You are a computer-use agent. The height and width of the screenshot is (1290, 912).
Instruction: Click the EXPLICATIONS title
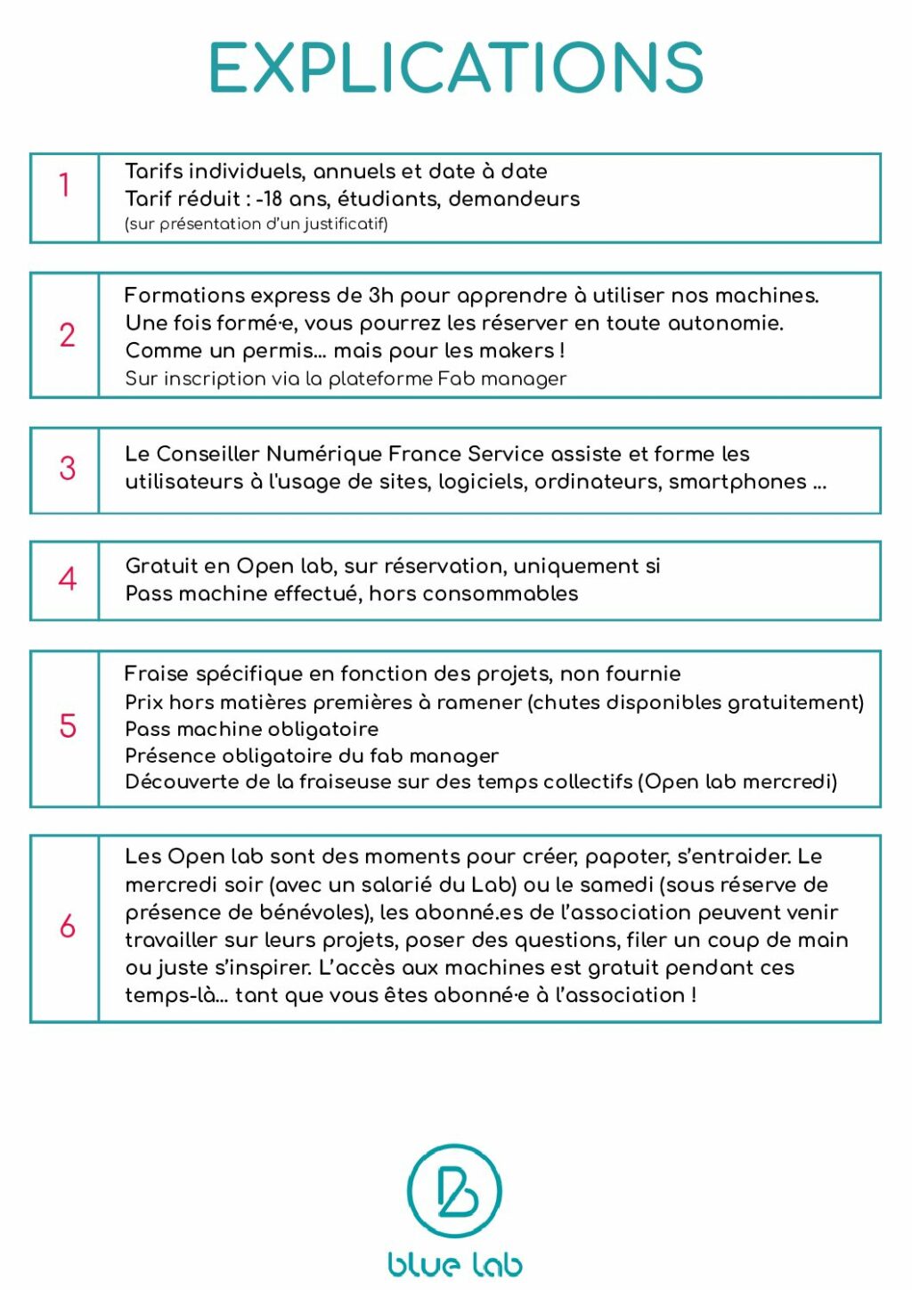(x=456, y=68)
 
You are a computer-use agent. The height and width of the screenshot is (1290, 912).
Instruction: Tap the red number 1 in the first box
(x=64, y=185)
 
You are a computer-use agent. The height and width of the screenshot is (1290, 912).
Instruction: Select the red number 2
(x=67, y=336)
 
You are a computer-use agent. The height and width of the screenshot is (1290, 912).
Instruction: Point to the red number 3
(x=67, y=469)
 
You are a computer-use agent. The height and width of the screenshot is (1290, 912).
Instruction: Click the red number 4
(x=67, y=580)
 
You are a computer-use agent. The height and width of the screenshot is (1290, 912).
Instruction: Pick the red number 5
(x=67, y=726)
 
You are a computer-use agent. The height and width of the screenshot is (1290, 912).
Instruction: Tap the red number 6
(x=67, y=927)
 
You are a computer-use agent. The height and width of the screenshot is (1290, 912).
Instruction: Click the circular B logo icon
(x=454, y=1191)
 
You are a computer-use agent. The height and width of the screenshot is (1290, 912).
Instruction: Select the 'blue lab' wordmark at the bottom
(x=455, y=1264)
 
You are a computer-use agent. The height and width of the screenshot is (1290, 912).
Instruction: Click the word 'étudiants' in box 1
(x=387, y=199)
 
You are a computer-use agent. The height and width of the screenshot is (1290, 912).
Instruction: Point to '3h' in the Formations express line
(x=380, y=296)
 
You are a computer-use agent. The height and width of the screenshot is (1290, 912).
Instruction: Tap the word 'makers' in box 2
(x=517, y=351)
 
